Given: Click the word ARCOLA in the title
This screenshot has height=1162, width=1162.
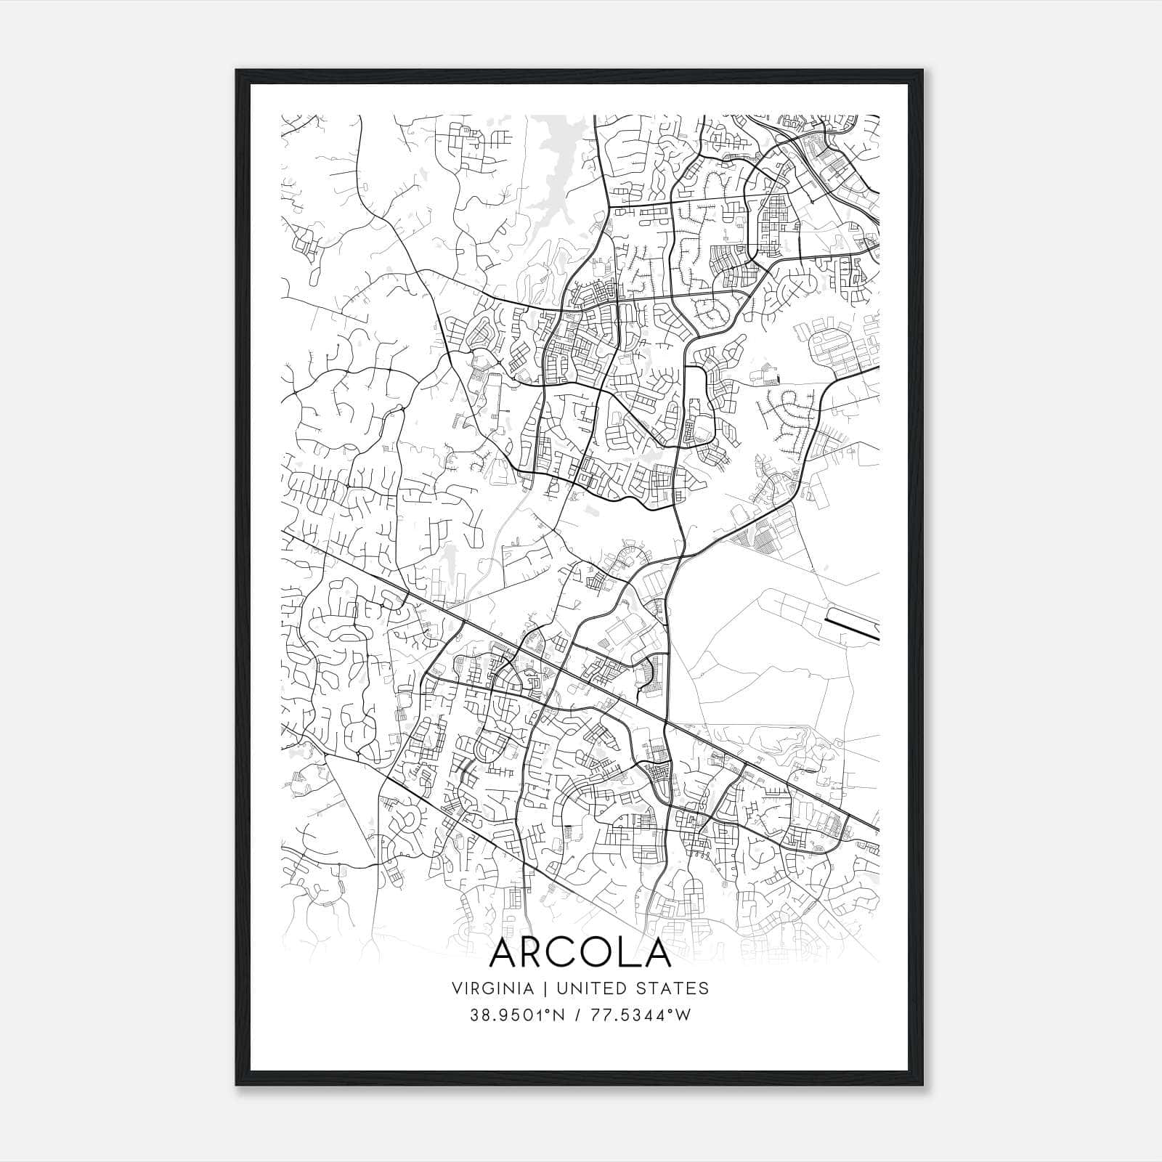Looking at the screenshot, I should (x=580, y=953).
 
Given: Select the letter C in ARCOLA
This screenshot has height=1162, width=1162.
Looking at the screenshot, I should (x=569, y=953).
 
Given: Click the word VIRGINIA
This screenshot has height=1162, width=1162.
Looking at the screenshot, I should (x=492, y=988).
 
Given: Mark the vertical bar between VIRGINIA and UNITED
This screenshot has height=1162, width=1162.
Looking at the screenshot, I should (x=541, y=988).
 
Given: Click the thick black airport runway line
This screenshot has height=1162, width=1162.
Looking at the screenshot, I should (x=853, y=625).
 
